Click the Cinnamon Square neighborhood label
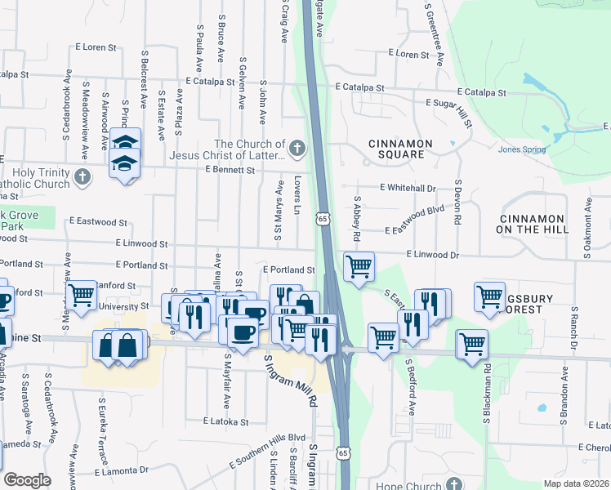coord(396,149)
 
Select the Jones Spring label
coord(520,149)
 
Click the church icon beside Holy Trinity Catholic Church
coord(82,176)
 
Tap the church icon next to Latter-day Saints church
coord(297,149)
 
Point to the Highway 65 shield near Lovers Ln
coord(324,220)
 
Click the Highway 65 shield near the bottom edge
coord(345,454)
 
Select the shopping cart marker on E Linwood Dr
coord(359,266)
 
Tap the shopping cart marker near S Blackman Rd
coord(472,344)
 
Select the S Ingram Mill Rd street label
coord(288,380)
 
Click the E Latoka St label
coord(225,421)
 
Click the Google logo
coord(27,480)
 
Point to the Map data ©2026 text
coord(577,483)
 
